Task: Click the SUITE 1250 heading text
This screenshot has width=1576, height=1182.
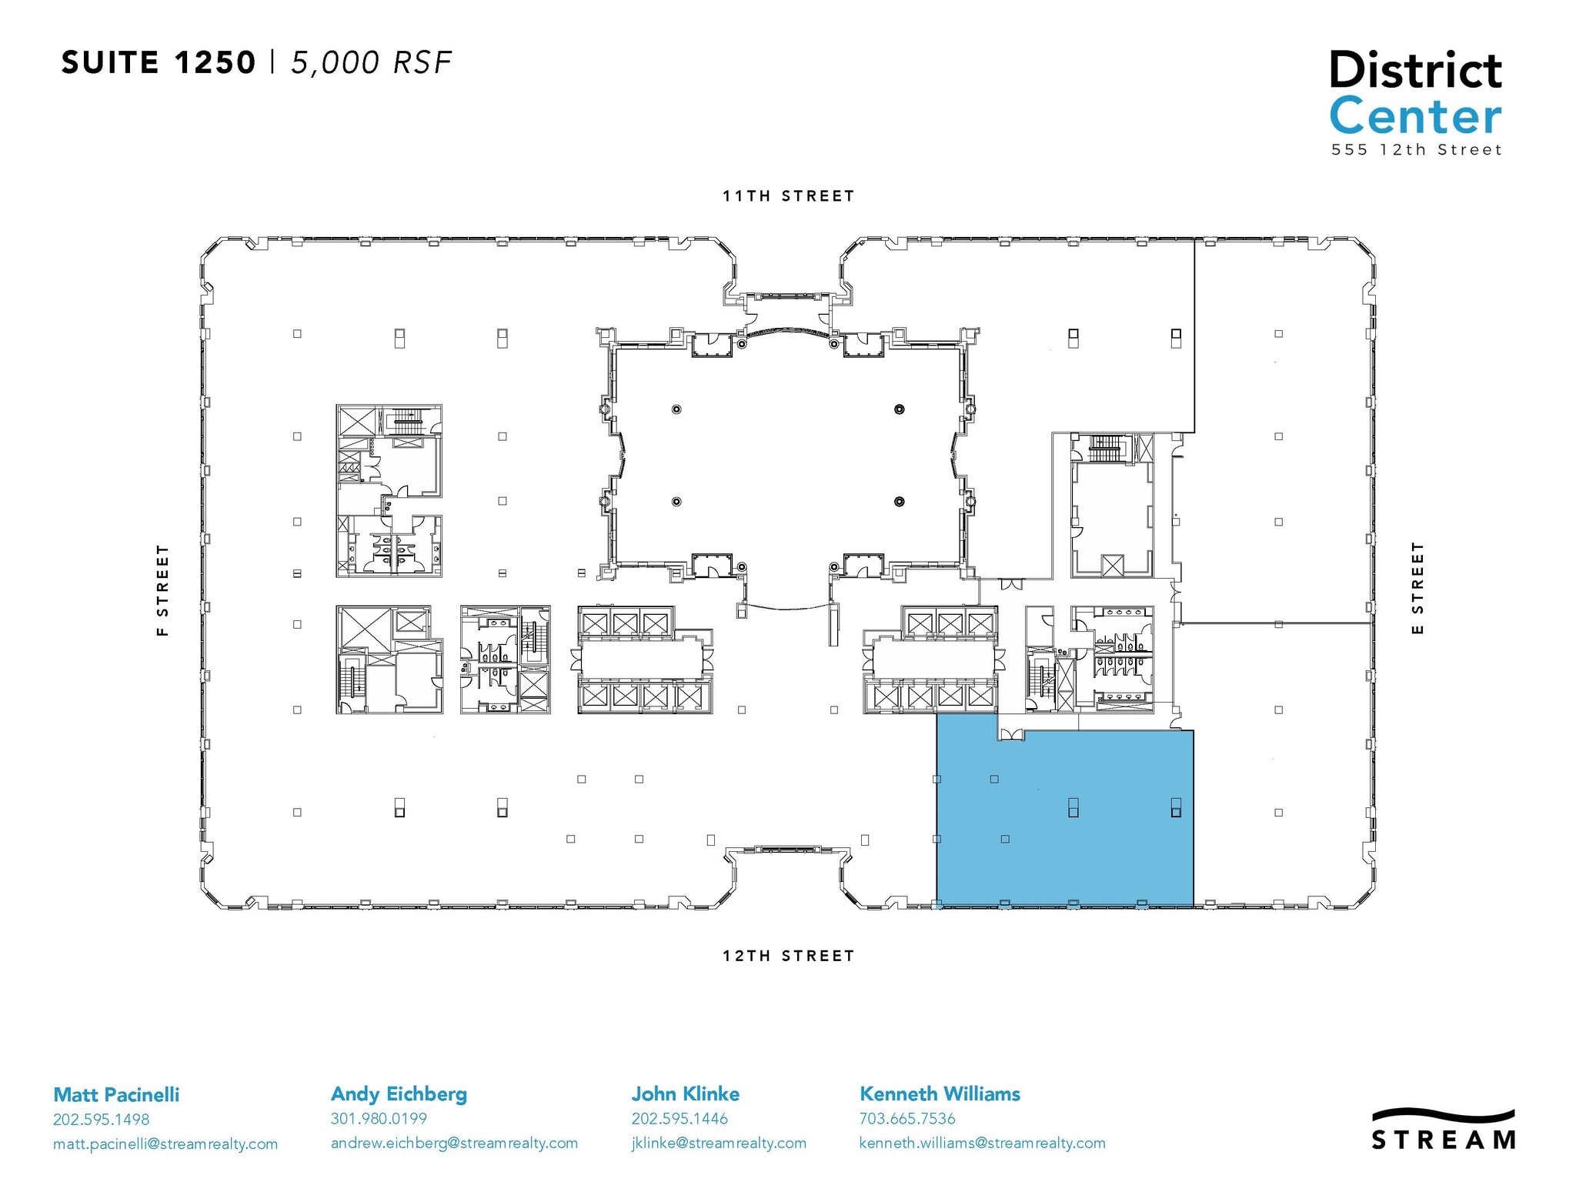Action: (x=158, y=63)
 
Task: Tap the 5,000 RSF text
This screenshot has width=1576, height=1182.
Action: (x=371, y=63)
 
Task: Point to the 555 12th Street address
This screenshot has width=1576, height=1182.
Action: (x=1416, y=150)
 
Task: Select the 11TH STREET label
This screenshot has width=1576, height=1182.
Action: (x=788, y=196)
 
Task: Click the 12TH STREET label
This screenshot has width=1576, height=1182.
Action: (x=788, y=956)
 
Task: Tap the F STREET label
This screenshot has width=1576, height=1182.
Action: (x=162, y=590)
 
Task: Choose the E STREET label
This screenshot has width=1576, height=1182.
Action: (x=1417, y=588)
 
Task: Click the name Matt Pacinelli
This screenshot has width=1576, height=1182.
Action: (x=116, y=1094)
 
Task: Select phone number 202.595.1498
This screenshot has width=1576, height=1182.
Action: (x=101, y=1120)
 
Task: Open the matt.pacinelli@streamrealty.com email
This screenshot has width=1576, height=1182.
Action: (x=165, y=1144)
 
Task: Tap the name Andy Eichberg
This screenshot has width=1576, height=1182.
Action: (x=399, y=1094)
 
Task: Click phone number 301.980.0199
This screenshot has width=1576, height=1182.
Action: (x=379, y=1119)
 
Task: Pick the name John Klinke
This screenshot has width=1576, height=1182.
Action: (x=685, y=1094)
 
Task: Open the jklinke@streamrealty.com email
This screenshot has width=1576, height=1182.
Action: (x=719, y=1144)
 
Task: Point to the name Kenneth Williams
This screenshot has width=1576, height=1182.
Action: (x=940, y=1094)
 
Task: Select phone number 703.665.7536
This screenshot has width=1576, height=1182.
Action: (x=907, y=1119)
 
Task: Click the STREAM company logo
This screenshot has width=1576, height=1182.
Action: (x=1444, y=1130)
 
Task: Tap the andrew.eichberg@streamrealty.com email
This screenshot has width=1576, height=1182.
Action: (x=454, y=1144)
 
